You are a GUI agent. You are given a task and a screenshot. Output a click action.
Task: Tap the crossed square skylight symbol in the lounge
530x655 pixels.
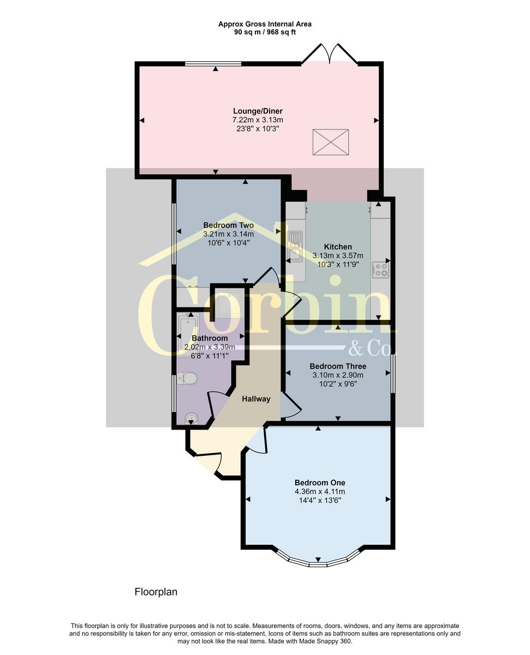(x=330, y=142)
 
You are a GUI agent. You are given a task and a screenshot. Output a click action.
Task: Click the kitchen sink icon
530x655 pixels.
(x=295, y=245)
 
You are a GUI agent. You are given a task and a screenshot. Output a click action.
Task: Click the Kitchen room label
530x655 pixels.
(x=338, y=247)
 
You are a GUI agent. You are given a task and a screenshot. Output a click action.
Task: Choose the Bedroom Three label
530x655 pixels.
(x=337, y=366)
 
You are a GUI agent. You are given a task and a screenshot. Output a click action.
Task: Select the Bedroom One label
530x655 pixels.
(x=320, y=483)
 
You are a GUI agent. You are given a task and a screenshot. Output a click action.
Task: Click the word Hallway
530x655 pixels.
(x=256, y=399)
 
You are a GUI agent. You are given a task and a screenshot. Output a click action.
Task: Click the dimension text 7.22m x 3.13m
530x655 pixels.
(x=258, y=120)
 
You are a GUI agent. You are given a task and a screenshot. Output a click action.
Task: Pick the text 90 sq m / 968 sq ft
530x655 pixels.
(x=265, y=32)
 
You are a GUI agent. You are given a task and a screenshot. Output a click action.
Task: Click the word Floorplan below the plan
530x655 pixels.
(x=156, y=592)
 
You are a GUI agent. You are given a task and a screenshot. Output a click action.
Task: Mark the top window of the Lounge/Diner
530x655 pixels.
(x=213, y=64)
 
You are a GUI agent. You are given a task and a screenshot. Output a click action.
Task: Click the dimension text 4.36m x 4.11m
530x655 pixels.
(x=320, y=491)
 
